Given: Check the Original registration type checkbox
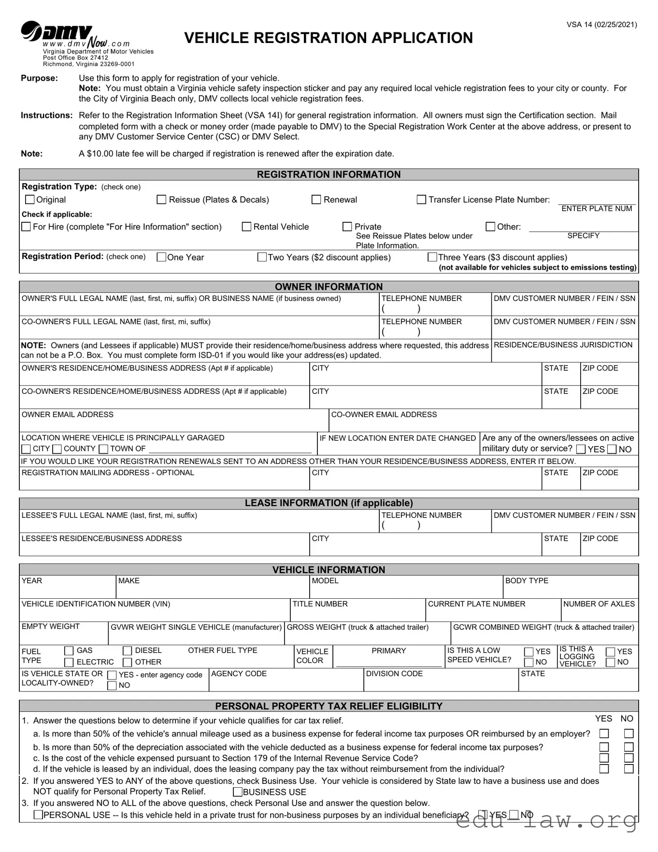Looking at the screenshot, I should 30,200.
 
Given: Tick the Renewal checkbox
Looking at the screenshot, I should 316,200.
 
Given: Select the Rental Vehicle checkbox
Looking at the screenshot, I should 246,227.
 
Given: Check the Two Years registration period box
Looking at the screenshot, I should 262,257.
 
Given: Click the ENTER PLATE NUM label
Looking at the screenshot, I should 597,209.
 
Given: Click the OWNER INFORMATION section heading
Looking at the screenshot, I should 329,287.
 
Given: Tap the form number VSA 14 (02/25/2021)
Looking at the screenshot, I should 601,25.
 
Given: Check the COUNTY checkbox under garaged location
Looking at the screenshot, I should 57,449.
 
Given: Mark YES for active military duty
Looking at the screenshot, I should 581,449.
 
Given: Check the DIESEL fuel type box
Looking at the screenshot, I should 128,651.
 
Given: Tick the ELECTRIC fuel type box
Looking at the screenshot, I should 69,662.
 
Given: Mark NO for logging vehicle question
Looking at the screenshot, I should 611,662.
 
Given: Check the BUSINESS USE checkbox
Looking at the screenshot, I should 238,792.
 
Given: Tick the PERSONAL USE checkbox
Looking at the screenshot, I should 38,815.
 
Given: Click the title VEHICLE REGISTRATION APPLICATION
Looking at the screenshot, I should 329,38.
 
